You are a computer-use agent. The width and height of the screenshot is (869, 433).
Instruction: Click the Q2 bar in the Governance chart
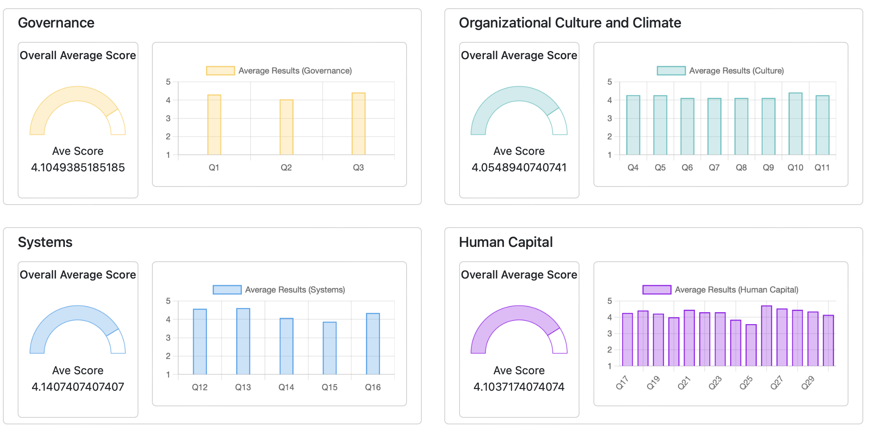click(x=286, y=127)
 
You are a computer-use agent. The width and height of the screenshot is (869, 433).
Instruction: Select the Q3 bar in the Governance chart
click(x=358, y=124)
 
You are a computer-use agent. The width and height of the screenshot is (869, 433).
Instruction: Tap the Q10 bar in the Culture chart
click(x=795, y=124)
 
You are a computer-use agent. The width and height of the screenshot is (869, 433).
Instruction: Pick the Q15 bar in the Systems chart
click(x=329, y=348)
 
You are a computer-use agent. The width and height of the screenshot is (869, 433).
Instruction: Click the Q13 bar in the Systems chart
click(x=243, y=341)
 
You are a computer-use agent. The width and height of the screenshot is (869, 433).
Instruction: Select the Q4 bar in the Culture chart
click(x=633, y=125)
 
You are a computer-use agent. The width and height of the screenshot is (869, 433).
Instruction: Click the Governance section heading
click(x=56, y=23)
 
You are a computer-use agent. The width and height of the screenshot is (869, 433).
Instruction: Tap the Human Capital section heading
click(x=506, y=242)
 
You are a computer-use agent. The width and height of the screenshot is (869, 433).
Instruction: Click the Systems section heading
click(x=45, y=242)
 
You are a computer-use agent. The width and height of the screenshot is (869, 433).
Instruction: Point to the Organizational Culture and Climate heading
click(x=570, y=23)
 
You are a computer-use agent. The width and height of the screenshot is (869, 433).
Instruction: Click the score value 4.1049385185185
click(x=78, y=168)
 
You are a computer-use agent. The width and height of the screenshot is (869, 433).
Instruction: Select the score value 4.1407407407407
click(x=78, y=387)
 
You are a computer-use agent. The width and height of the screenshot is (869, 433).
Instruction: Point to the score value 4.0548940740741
click(x=519, y=168)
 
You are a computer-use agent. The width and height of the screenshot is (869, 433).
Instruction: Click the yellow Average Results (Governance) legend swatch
click(x=220, y=71)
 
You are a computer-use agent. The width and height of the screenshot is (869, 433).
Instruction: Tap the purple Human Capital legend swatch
click(x=657, y=290)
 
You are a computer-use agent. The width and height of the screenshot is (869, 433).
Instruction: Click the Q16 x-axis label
click(x=372, y=387)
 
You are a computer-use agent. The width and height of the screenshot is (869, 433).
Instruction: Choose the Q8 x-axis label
click(x=741, y=168)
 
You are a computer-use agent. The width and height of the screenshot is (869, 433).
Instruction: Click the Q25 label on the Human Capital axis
click(x=746, y=382)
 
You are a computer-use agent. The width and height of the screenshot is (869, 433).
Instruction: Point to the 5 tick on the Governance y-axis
click(x=168, y=82)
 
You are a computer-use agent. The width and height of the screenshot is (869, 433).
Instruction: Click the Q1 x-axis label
click(x=214, y=168)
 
